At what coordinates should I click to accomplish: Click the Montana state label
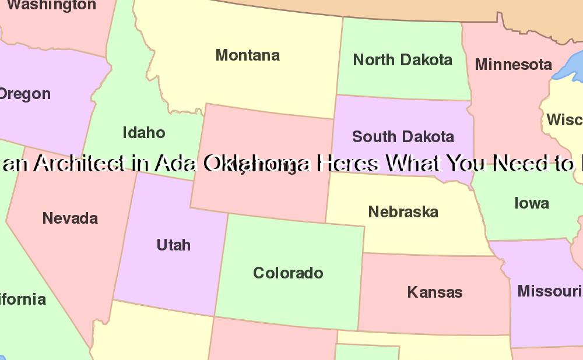coord(248,55)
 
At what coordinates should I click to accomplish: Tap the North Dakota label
coord(402,59)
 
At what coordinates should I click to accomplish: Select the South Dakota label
coord(403,137)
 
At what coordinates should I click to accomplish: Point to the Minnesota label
coord(513,64)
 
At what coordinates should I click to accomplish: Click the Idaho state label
coord(144,133)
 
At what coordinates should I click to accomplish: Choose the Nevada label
coord(70,218)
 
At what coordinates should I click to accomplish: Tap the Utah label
coord(173,245)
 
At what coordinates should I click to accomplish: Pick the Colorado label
coord(288,273)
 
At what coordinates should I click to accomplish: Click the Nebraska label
coord(403,211)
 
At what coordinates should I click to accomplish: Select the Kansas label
coord(435,292)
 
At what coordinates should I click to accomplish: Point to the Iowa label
coord(531,203)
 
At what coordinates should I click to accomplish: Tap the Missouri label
coord(549,291)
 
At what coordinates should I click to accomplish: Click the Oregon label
coord(24,94)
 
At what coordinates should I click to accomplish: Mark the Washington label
coord(51,5)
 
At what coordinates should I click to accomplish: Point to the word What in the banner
coord(415,164)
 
